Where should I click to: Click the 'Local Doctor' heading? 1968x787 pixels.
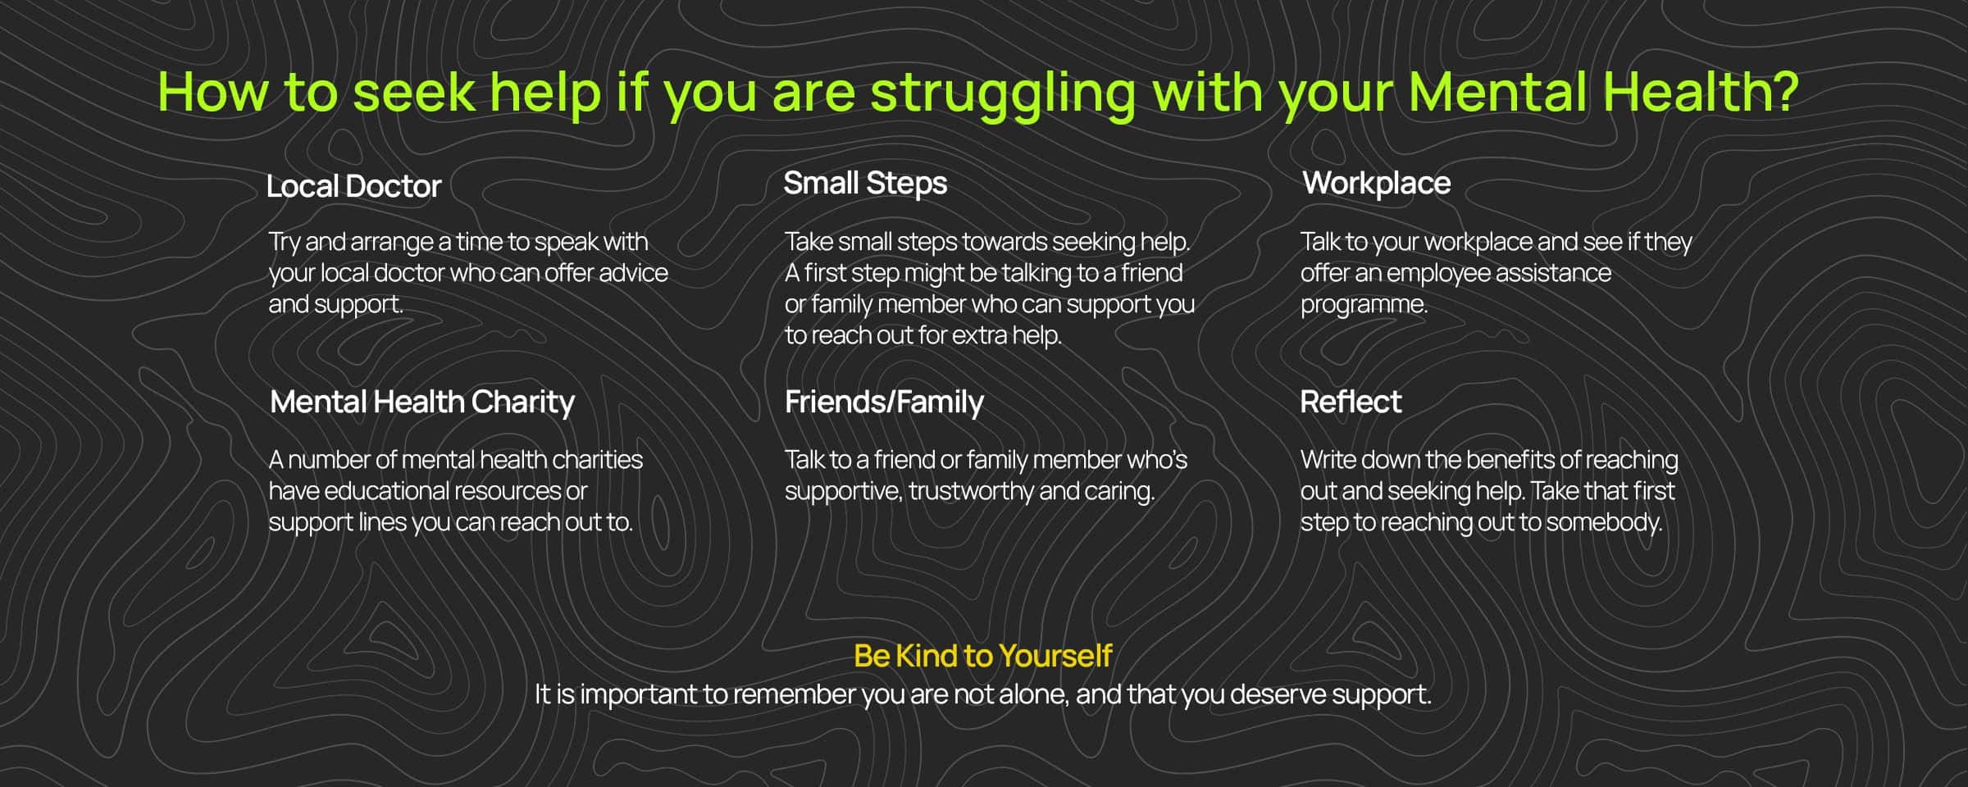[353, 186]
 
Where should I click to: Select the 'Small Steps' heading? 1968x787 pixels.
[865, 184]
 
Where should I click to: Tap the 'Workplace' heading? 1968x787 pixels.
[1377, 184]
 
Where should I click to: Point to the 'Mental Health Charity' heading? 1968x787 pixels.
[422, 403]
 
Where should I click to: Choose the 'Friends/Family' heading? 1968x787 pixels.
[884, 403]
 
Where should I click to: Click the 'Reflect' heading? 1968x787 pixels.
[1351, 402]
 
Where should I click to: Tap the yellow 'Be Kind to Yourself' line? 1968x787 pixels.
[982, 656]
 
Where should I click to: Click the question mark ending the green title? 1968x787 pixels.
[1783, 91]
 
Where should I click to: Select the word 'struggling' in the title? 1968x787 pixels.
[1003, 95]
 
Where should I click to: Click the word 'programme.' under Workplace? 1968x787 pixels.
[1364, 305]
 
